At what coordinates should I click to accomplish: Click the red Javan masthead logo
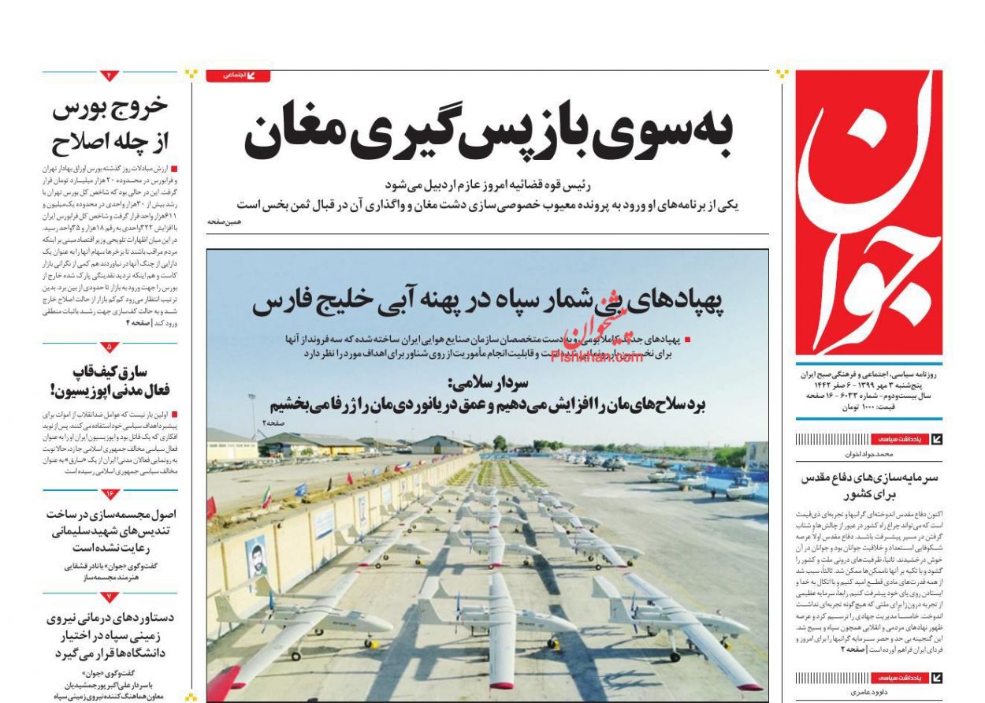[x=868, y=213]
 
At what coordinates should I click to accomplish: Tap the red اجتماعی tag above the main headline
[x=238, y=76]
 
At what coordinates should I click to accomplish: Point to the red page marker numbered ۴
[x=110, y=76]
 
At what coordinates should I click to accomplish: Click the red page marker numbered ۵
[x=110, y=347]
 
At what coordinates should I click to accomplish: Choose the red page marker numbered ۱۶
[x=110, y=493]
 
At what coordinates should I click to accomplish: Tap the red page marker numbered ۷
[x=110, y=597]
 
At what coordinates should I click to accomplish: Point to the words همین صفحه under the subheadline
[x=225, y=222]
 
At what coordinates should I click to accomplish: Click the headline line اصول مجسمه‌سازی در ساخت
[x=110, y=514]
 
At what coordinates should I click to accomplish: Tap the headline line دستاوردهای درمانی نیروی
[x=110, y=617]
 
